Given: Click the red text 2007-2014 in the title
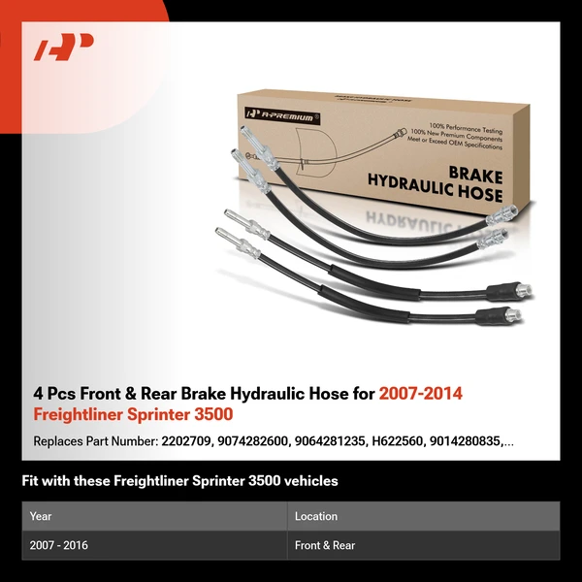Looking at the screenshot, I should tap(421, 394).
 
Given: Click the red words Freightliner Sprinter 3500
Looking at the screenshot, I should tap(133, 415).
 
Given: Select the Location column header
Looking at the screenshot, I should tap(316, 516).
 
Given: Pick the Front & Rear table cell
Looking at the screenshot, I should tap(325, 545).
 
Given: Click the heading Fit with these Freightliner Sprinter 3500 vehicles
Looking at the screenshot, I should tap(179, 481).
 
